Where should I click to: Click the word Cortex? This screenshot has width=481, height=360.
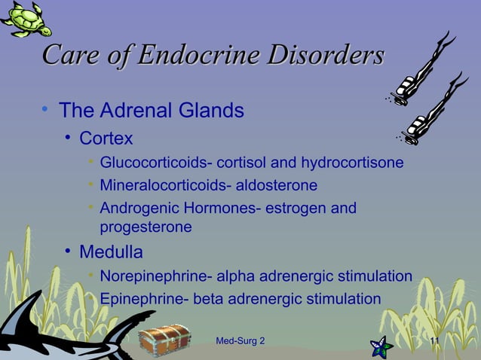106,139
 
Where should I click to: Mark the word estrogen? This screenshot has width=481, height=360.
299,207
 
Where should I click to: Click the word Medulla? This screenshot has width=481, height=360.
111,251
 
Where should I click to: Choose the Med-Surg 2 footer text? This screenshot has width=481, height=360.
240,343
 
